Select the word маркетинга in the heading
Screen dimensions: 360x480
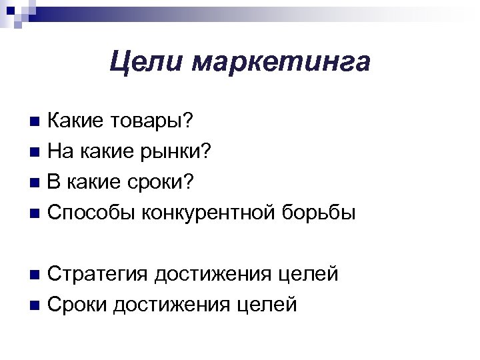click(x=280, y=63)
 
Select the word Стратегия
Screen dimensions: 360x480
click(x=99, y=275)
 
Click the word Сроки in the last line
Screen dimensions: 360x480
click(x=78, y=305)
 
